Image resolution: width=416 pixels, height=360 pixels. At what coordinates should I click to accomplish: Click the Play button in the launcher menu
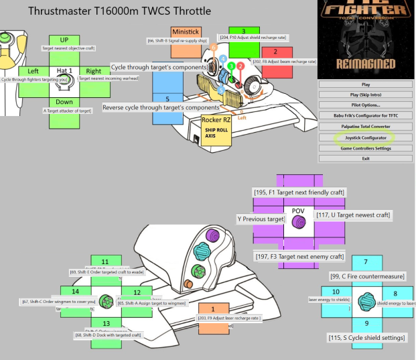click(x=365, y=84)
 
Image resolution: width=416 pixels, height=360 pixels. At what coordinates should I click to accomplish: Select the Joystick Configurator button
click(x=365, y=137)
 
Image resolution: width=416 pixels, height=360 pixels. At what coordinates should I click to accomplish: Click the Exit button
click(x=365, y=158)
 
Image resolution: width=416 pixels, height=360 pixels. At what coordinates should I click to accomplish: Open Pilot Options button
click(x=365, y=105)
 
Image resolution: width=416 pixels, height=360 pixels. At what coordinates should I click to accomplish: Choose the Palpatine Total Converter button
click(x=365, y=126)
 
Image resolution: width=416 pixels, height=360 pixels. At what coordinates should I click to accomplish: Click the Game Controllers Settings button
click(x=365, y=147)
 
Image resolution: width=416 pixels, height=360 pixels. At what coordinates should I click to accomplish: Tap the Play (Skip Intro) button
click(x=365, y=95)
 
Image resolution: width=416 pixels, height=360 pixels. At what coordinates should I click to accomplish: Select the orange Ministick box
click(x=186, y=32)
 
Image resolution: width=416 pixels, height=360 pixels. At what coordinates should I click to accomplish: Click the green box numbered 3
click(x=244, y=32)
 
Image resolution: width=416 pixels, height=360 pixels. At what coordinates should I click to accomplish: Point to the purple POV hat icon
click(x=299, y=220)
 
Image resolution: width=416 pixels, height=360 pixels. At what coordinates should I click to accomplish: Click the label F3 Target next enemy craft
click(x=299, y=256)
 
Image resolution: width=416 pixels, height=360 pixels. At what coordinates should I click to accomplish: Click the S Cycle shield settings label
click(x=366, y=337)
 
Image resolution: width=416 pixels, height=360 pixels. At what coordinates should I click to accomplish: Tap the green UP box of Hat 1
click(x=64, y=40)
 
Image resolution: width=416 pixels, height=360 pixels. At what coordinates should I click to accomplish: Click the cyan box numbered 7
click(x=365, y=262)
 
